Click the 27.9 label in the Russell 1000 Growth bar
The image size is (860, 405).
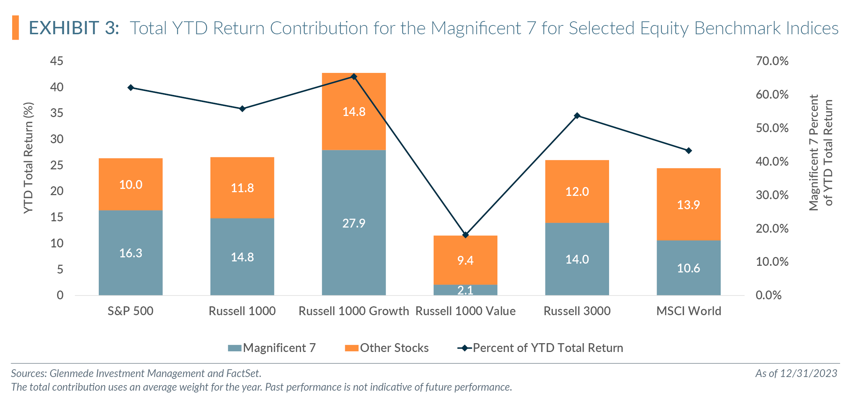pos(354,223)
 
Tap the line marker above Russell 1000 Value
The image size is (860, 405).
pos(465,235)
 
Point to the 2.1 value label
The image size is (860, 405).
pos(465,290)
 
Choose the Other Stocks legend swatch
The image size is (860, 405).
pos(352,348)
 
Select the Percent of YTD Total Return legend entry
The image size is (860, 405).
pos(540,348)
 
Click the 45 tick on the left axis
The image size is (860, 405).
pos(57,61)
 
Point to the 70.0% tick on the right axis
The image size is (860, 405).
pos(772,61)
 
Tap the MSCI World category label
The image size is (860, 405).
pos(688,311)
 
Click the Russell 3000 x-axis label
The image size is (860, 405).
pos(577,311)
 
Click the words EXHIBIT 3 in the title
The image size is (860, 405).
pos(74,28)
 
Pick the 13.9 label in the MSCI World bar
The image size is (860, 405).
pos(688,205)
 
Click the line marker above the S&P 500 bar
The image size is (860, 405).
pos(131,88)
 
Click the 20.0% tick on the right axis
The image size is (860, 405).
pos(772,228)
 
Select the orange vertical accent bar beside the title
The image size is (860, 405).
pos(15,28)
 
